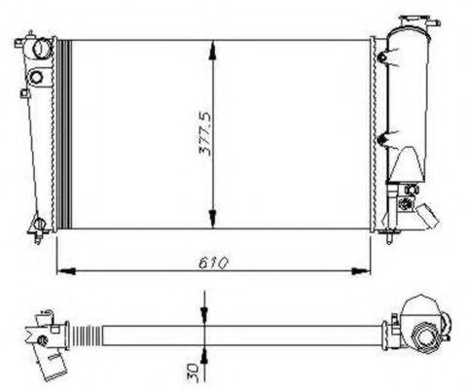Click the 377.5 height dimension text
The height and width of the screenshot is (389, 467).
[x=205, y=134]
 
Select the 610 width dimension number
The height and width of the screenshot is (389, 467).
[x=213, y=264]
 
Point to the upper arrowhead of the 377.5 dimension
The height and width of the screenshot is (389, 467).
[x=213, y=51]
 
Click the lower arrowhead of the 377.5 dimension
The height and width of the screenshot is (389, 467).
[x=213, y=219]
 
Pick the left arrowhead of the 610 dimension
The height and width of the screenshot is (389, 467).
[x=66, y=271]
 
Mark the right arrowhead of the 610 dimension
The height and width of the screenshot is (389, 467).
[x=361, y=271]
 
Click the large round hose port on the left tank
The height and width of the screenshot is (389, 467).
[x=42, y=49]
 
